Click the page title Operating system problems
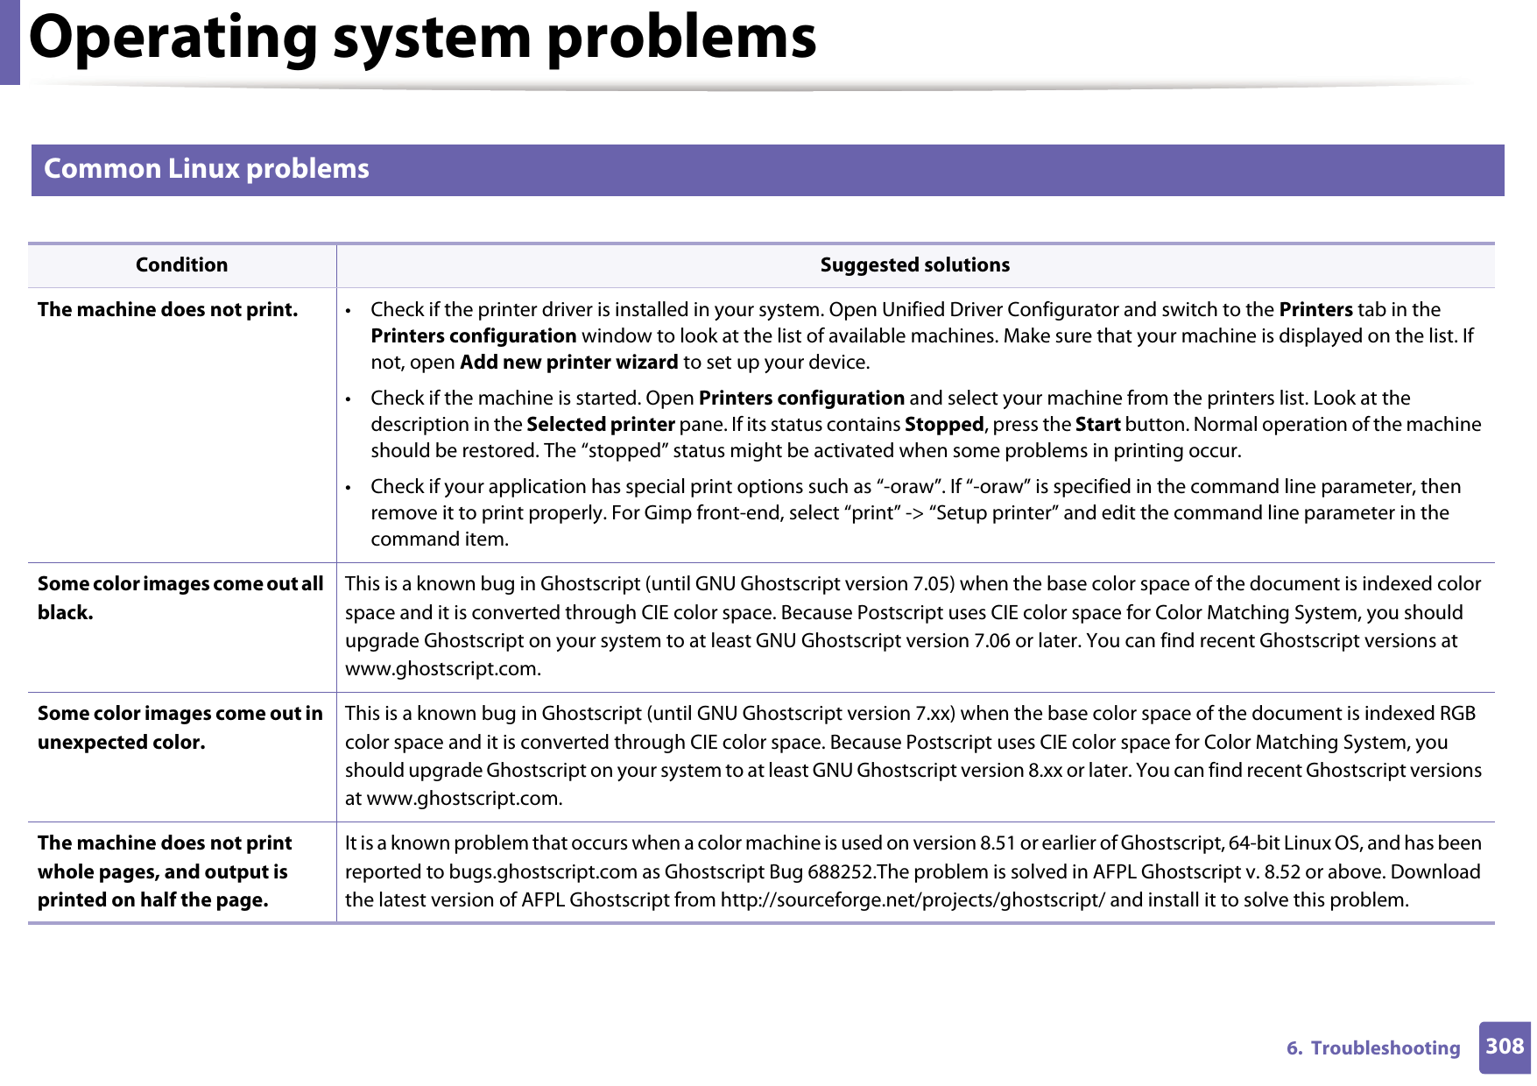click(x=422, y=39)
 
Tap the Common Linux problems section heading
click(x=207, y=169)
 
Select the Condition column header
click(x=181, y=265)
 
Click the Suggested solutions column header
click(x=914, y=265)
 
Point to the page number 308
click(x=1504, y=1047)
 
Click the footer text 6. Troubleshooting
click(x=1372, y=1048)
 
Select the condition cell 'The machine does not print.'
click(x=167, y=310)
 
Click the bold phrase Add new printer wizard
click(x=568, y=363)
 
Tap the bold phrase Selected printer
click(x=600, y=425)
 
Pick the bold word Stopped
click(x=943, y=425)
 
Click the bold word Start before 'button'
click(x=1097, y=425)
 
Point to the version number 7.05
click(x=932, y=584)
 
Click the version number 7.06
click(x=991, y=641)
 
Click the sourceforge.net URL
click(x=912, y=900)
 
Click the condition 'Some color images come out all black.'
click(x=180, y=598)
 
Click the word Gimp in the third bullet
click(x=667, y=513)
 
